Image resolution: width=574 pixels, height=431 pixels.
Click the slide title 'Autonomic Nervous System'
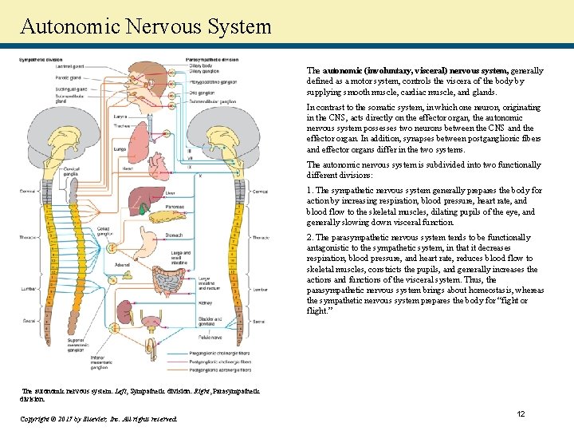[x=146, y=26]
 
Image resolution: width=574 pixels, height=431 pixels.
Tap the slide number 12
[x=520, y=413]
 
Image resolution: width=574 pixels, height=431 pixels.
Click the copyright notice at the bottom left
[x=97, y=418]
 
